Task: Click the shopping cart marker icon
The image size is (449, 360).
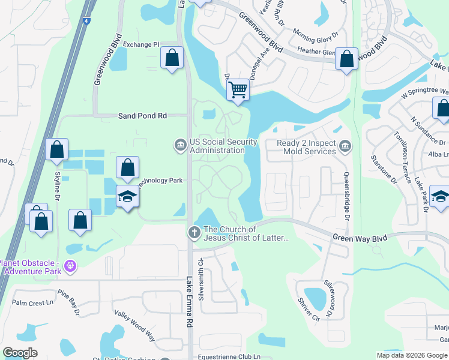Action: (x=238, y=90)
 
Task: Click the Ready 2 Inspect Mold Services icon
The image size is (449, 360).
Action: (x=345, y=146)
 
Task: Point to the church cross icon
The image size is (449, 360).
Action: (x=194, y=232)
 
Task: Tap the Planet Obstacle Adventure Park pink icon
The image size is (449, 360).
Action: (x=71, y=265)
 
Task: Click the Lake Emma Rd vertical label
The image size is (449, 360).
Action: (x=190, y=301)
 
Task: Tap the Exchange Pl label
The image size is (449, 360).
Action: (x=140, y=44)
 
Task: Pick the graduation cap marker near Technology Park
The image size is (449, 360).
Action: (x=127, y=197)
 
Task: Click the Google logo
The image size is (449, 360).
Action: (x=20, y=353)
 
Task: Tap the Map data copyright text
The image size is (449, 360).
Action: (x=411, y=355)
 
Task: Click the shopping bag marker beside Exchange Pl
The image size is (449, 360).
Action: (x=172, y=58)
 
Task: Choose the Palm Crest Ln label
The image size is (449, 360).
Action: (x=32, y=304)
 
